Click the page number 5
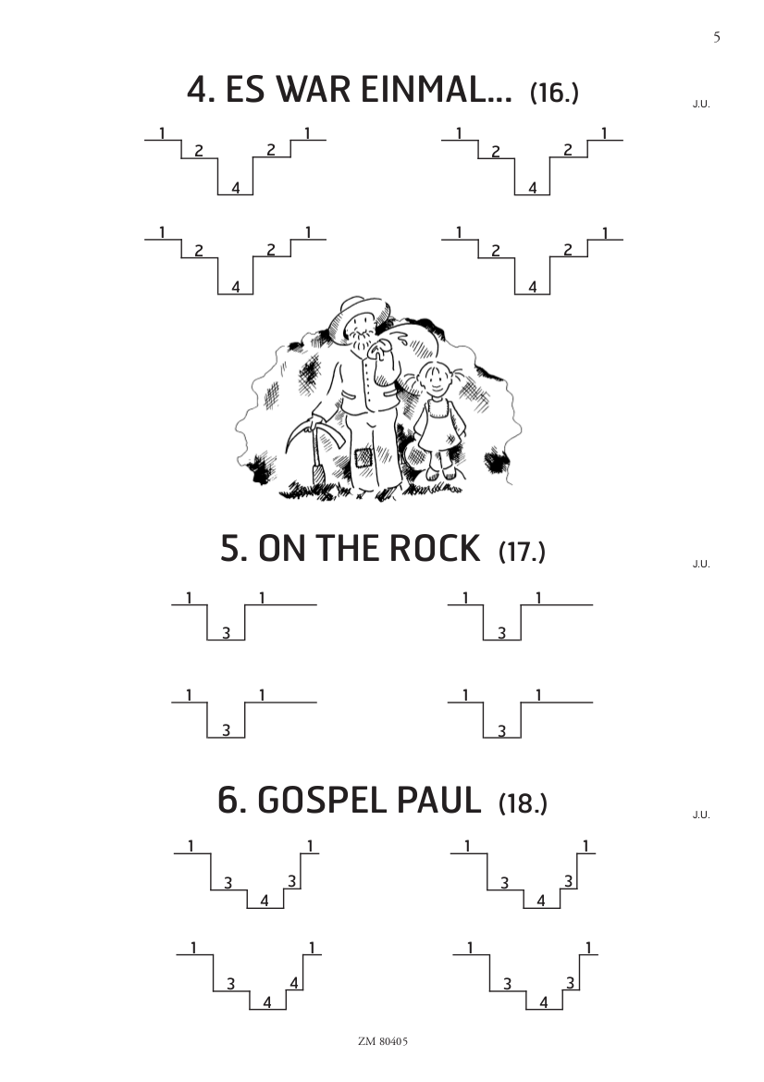[x=717, y=37]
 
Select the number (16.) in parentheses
[x=554, y=93]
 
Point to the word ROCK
[x=435, y=549]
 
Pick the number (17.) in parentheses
[x=522, y=552]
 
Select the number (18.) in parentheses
[x=523, y=804]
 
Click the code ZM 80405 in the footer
[x=383, y=1041]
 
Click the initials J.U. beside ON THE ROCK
[x=701, y=564]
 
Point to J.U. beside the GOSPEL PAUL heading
[x=701, y=815]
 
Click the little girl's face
[x=434, y=380]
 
